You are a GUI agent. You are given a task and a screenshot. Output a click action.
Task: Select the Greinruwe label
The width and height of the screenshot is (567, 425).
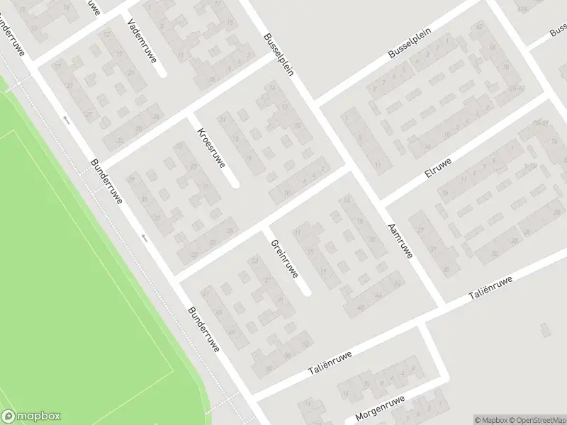pyautogui.click(x=284, y=258)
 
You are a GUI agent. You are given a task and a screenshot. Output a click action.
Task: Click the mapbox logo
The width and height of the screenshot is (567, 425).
pyautogui.click(x=31, y=416)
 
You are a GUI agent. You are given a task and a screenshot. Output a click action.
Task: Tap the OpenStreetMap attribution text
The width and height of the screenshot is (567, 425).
pyautogui.click(x=538, y=419)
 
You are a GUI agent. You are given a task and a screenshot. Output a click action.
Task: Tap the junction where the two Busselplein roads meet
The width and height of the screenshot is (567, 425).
pyautogui.click(x=316, y=104)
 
